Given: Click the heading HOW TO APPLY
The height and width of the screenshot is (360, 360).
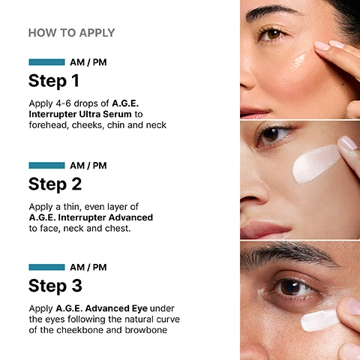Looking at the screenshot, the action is (x=71, y=33).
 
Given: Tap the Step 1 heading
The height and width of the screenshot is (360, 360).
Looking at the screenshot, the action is (x=54, y=81).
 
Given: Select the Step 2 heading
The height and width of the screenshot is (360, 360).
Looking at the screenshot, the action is (x=55, y=184).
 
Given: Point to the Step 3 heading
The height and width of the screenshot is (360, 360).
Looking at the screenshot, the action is (x=55, y=286).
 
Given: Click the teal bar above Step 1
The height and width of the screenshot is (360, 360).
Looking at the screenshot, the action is (x=46, y=62).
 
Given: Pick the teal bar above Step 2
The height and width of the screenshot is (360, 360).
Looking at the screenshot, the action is (x=46, y=165).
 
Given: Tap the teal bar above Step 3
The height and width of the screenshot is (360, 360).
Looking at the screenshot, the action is (x=46, y=267).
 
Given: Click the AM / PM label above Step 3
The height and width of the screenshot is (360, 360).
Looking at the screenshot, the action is (x=88, y=267).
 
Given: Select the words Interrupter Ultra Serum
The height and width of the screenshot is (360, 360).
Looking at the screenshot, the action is (x=80, y=114).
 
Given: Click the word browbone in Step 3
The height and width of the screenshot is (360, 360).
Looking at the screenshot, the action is (x=146, y=330).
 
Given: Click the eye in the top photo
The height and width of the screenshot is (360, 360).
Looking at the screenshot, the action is (x=273, y=34).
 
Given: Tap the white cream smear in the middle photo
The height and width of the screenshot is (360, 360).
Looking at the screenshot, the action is (x=316, y=163).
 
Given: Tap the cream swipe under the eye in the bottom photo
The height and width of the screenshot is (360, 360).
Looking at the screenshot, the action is (x=319, y=320).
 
